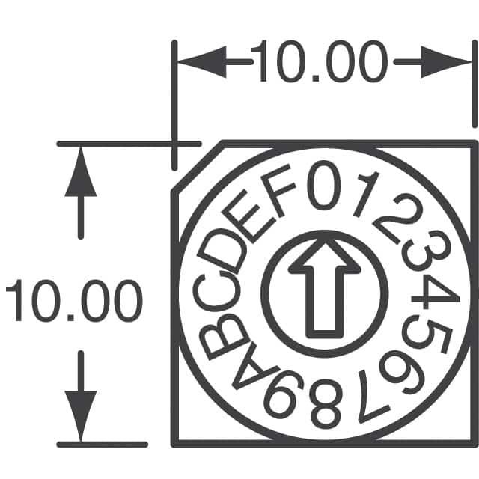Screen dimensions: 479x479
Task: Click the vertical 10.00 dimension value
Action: (x=74, y=300)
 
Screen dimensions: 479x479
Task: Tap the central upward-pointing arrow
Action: (x=325, y=287)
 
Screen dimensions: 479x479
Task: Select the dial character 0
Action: (x=324, y=186)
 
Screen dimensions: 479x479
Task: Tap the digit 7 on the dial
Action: (x=373, y=397)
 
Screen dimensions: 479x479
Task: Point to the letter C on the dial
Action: (x=216, y=291)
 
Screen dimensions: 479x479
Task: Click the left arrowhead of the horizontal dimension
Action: (x=202, y=62)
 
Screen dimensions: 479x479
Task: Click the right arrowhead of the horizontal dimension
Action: (x=446, y=62)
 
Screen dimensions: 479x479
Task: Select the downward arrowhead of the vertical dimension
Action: (x=81, y=416)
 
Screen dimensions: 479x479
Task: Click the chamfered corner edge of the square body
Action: (x=197, y=167)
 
